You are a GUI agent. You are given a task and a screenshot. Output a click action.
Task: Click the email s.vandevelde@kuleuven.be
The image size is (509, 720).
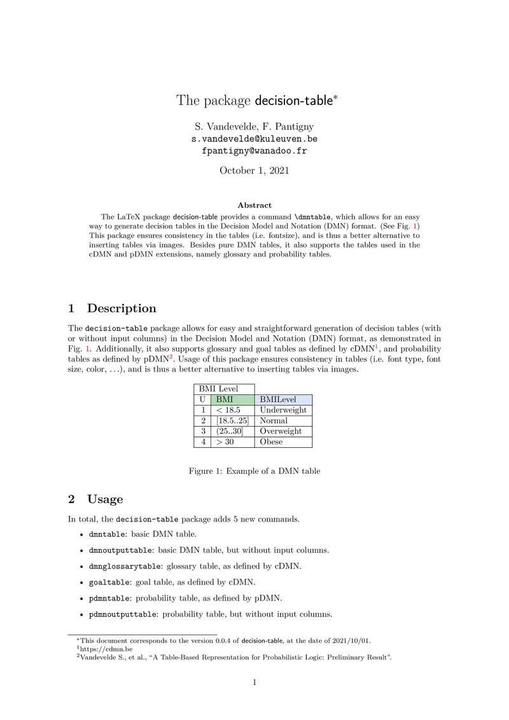(x=254, y=138)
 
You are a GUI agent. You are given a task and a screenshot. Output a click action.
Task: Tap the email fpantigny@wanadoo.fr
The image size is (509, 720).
(x=254, y=151)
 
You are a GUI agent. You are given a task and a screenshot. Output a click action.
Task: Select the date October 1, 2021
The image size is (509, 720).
(x=254, y=170)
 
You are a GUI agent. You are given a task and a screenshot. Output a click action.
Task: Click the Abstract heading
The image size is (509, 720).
(x=254, y=205)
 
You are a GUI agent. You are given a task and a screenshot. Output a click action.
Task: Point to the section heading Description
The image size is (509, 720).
(x=121, y=308)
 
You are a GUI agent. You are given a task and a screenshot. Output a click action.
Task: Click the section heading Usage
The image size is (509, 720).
(x=105, y=499)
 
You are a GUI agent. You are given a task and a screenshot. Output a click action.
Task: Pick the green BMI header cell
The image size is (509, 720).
(x=232, y=399)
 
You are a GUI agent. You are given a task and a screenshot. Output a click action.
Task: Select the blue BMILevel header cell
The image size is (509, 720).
(x=283, y=399)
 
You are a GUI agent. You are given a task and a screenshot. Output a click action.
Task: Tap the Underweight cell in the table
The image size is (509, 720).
(x=283, y=410)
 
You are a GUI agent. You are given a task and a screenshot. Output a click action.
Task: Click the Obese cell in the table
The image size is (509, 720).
(x=272, y=441)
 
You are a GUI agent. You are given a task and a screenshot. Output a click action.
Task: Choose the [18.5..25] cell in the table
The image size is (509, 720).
(x=232, y=420)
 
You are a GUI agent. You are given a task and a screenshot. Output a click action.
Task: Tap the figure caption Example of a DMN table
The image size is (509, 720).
(x=254, y=471)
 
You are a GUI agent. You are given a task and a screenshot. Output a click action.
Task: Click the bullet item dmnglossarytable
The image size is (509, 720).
(x=125, y=566)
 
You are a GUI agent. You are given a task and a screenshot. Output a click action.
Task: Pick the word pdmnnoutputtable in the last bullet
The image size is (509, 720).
(x=123, y=614)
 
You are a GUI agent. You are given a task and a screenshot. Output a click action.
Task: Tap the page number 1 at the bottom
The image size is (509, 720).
(x=254, y=683)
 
